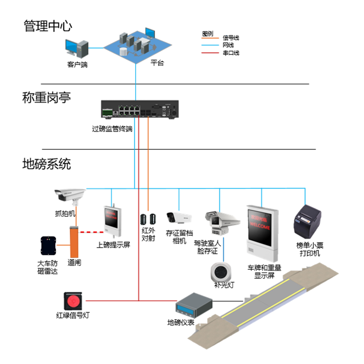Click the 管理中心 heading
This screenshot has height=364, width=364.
click(48, 26)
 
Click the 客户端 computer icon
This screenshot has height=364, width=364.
click(77, 49)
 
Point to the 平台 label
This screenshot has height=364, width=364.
click(157, 63)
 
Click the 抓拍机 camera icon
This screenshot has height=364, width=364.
click(70, 196)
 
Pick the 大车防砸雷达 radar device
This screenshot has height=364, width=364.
click(49, 246)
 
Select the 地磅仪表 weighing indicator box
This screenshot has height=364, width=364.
click(194, 306)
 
